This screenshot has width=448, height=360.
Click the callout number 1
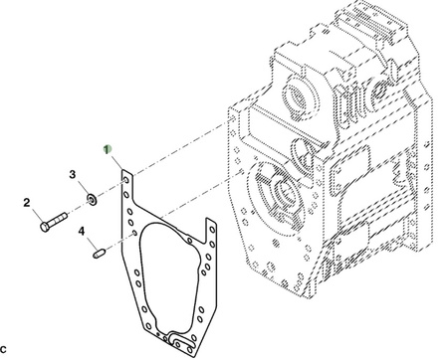pyautogui.click(x=107, y=150)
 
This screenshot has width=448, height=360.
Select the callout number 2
pyautogui.click(x=27, y=203)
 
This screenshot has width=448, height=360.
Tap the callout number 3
pyautogui.click(x=73, y=174)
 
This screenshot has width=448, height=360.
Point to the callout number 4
pyautogui.click(x=82, y=231)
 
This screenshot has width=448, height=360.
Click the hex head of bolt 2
pyautogui.click(x=45, y=227)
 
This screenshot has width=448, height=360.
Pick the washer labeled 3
pyautogui.click(x=92, y=199)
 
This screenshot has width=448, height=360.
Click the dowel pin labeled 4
pyautogui.click(x=99, y=254)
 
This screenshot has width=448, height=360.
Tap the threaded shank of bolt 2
pyautogui.click(x=59, y=219)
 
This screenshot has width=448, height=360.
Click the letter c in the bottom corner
pyautogui.click(x=3, y=349)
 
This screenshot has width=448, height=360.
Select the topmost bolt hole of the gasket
pyautogui.click(x=126, y=180)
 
